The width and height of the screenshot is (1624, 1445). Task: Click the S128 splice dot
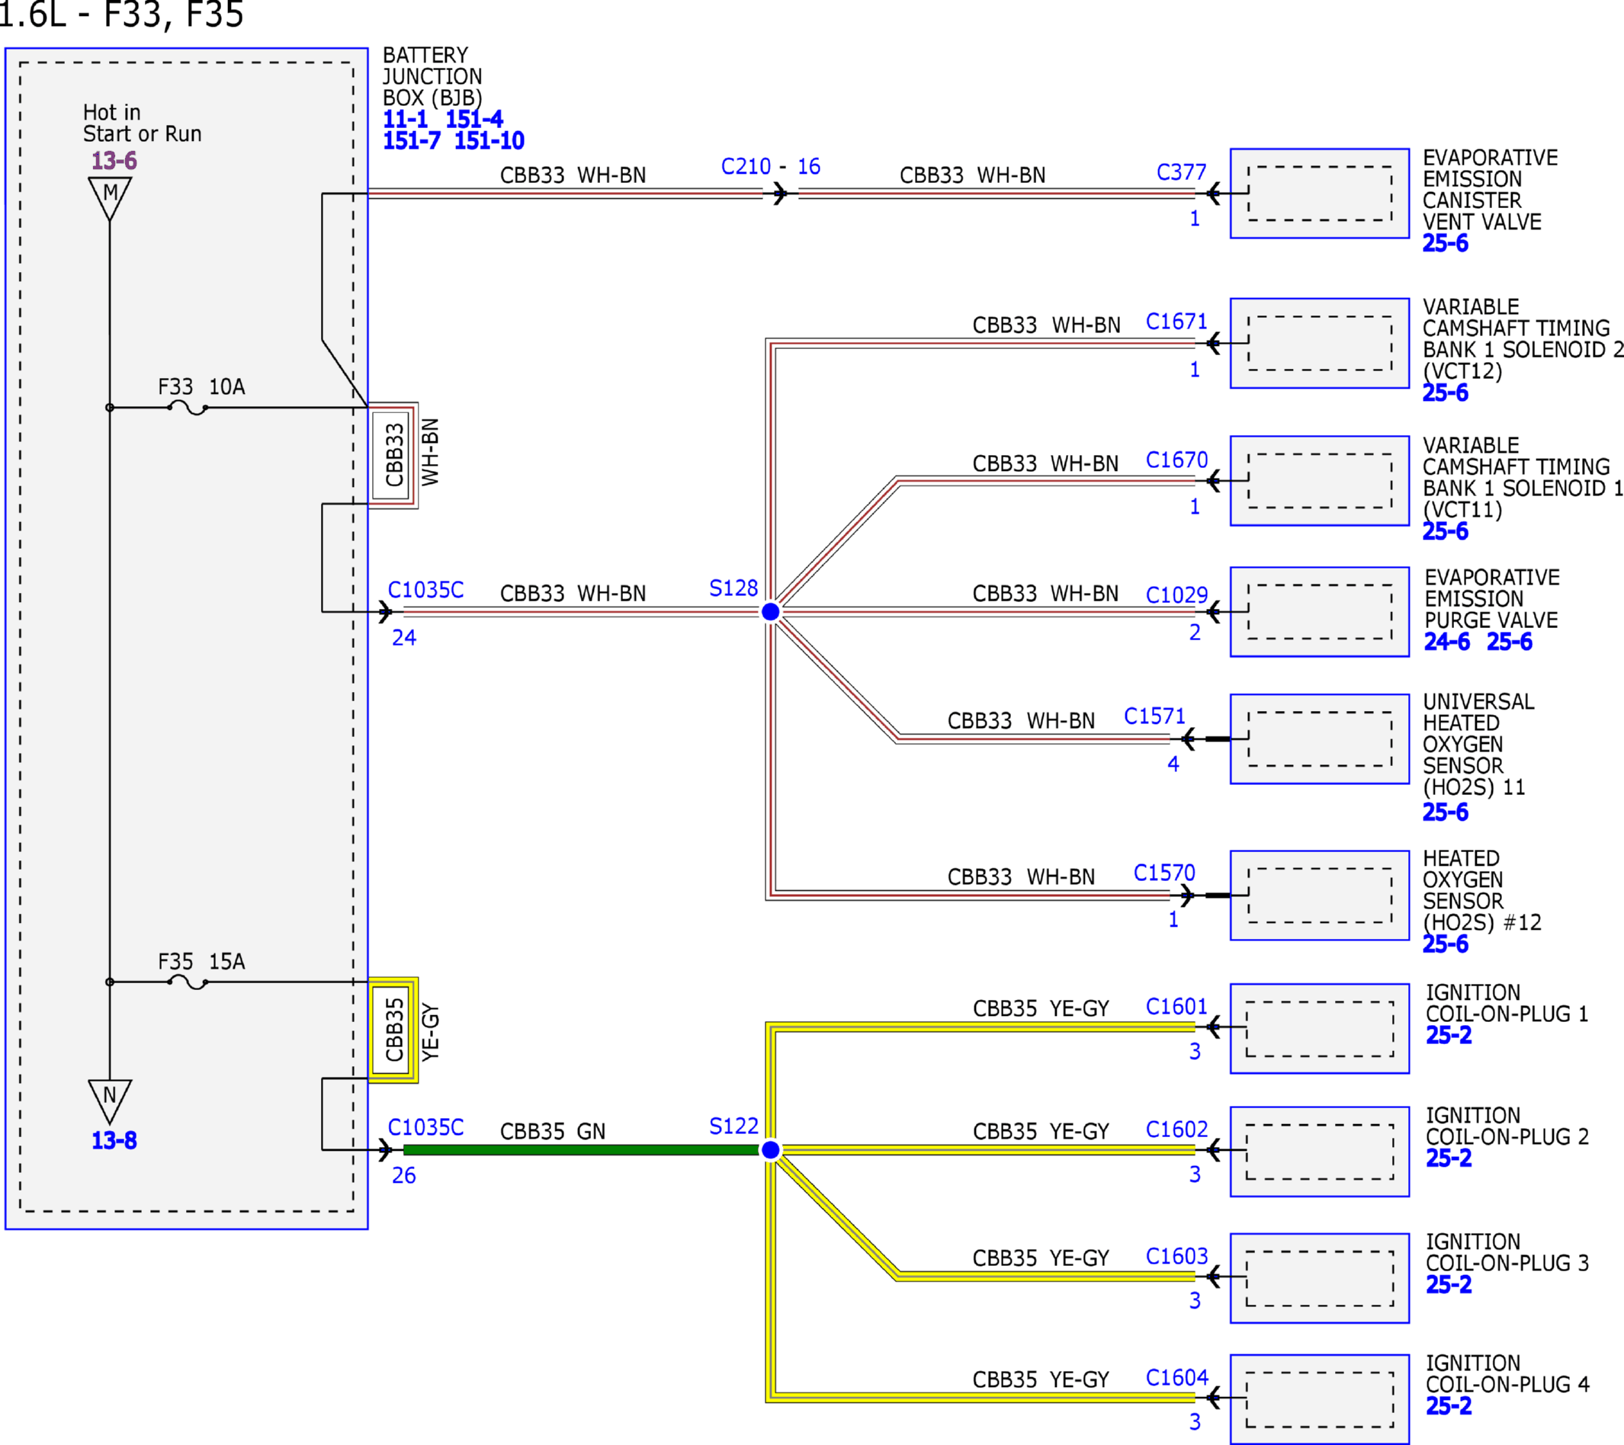(x=770, y=612)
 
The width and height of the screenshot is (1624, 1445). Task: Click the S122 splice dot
(x=770, y=1149)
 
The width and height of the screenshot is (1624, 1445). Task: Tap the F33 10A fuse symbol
(x=188, y=409)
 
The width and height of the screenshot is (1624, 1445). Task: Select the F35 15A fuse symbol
(x=188, y=982)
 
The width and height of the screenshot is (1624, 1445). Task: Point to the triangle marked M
(x=110, y=197)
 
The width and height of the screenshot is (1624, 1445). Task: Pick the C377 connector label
(x=1181, y=172)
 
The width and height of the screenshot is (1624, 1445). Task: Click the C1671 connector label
(x=1176, y=322)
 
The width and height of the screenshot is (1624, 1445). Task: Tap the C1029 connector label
(x=1176, y=595)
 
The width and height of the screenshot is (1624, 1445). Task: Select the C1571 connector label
(x=1154, y=716)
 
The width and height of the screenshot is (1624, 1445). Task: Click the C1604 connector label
(x=1176, y=1377)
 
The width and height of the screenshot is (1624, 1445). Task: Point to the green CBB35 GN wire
(x=582, y=1149)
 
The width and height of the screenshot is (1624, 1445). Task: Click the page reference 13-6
(x=114, y=161)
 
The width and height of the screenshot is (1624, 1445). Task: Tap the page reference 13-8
(x=114, y=1141)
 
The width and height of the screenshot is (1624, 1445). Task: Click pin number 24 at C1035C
(x=403, y=637)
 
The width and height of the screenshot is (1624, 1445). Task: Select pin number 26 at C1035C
(x=403, y=1175)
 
